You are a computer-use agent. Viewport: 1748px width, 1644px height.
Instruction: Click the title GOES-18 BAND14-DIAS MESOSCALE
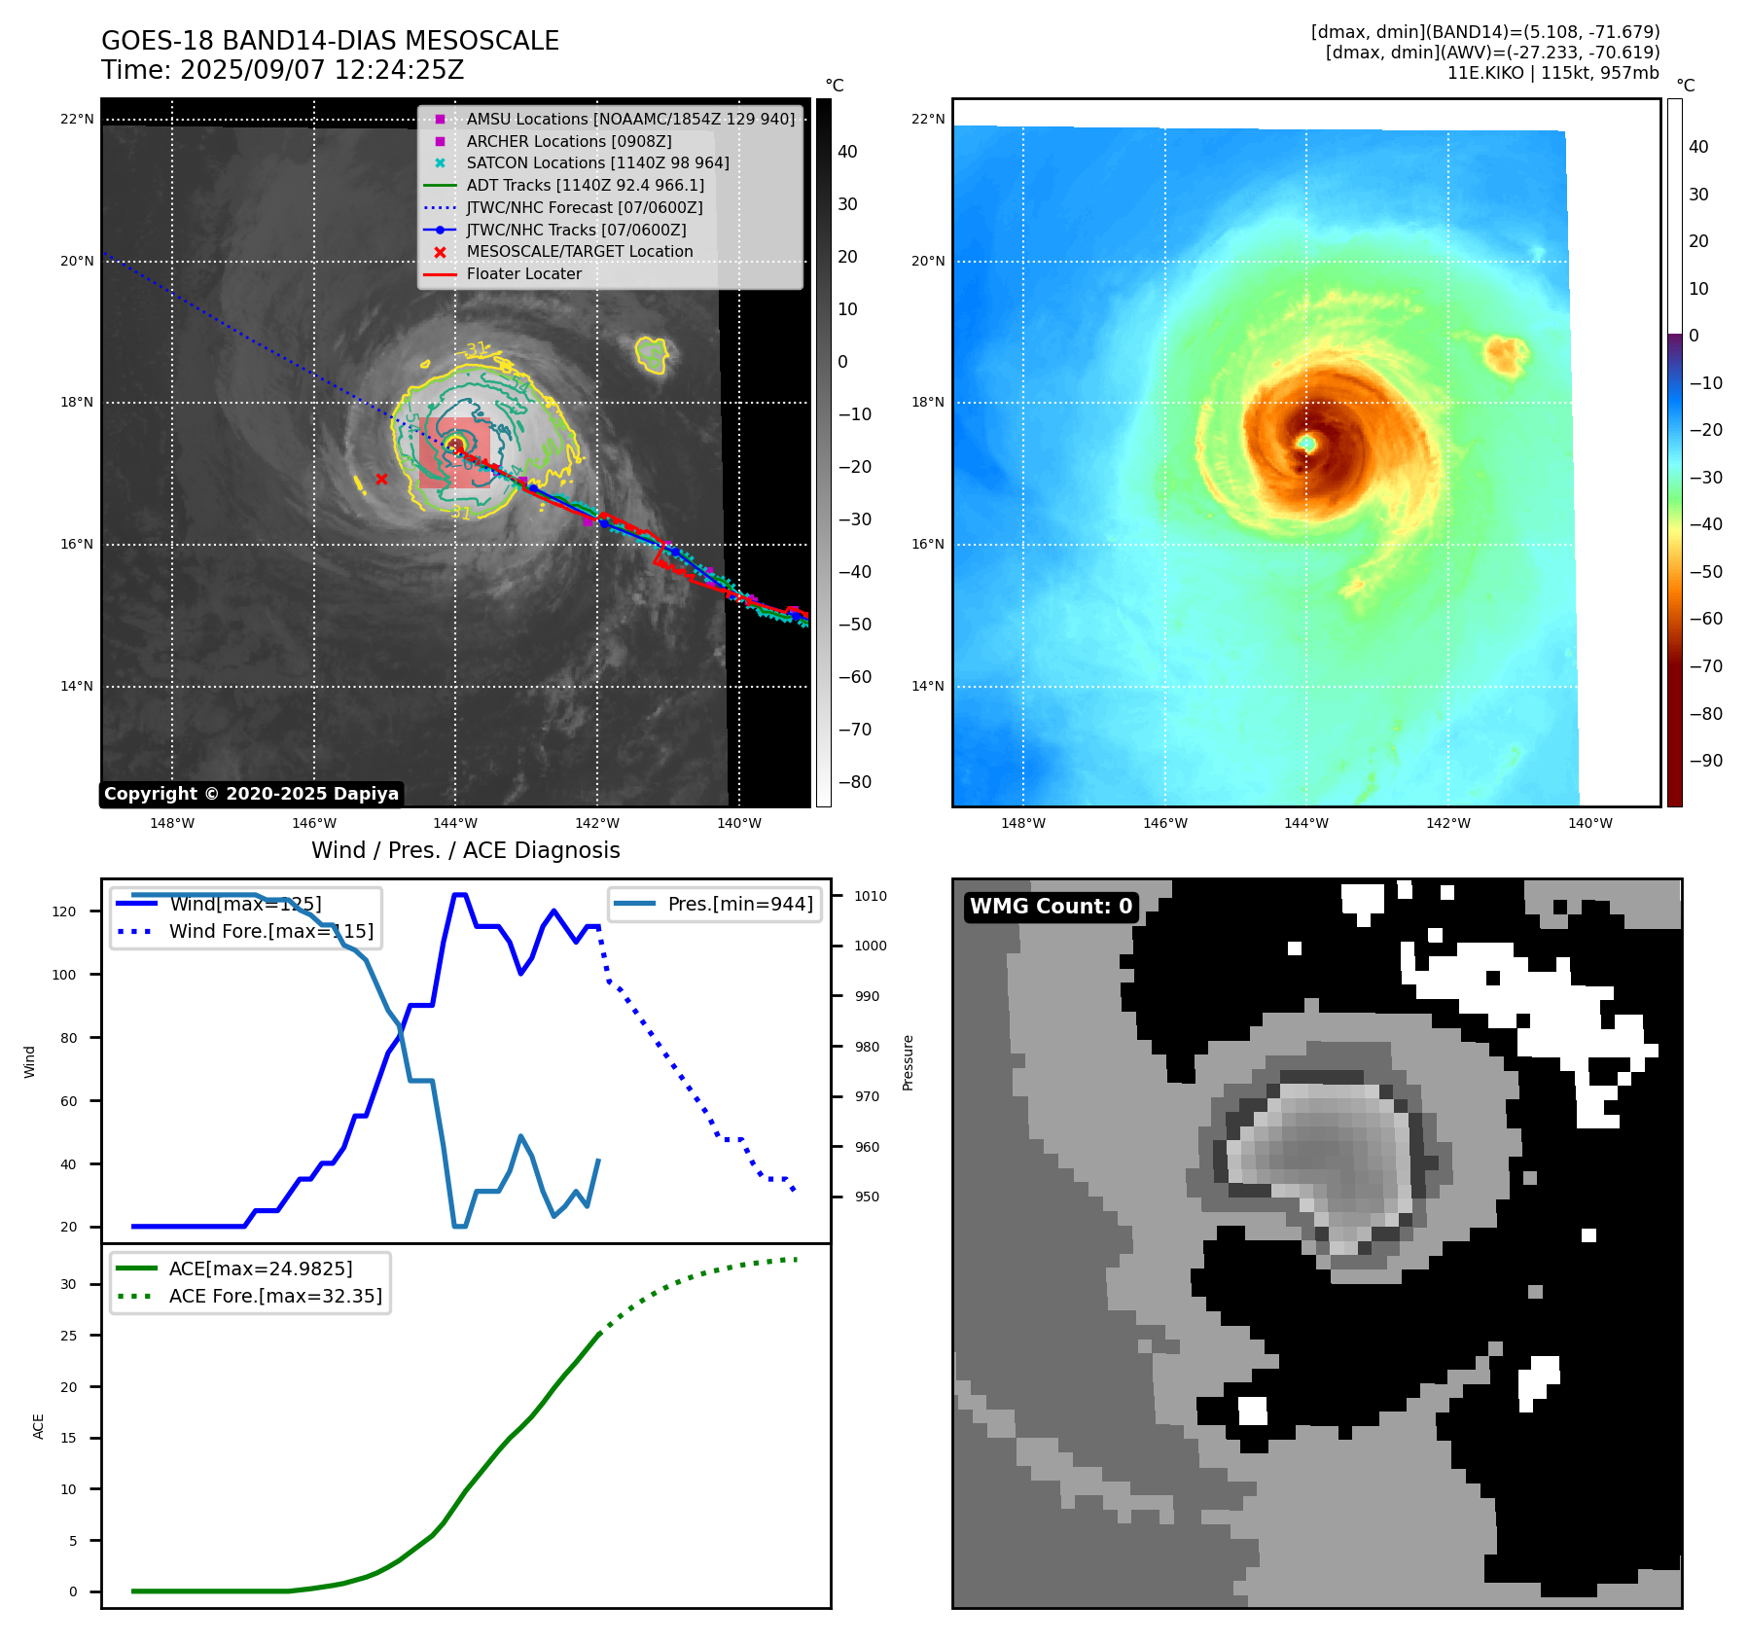[x=330, y=41]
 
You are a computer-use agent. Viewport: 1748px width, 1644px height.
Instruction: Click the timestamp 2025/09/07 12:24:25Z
[x=322, y=71]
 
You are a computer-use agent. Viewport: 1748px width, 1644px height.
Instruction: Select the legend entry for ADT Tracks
[x=585, y=185]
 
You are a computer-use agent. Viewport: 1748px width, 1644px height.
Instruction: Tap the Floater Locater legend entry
[x=523, y=274]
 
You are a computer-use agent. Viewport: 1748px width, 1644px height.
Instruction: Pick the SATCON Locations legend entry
[x=597, y=163]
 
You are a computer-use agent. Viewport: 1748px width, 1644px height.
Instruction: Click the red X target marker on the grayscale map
[x=381, y=479]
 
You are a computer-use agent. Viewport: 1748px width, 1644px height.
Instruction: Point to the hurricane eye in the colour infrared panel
[x=1307, y=444]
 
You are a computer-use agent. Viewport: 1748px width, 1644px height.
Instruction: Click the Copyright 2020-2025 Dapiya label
[x=251, y=794]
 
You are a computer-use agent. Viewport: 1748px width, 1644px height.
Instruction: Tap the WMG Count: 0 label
[x=1051, y=907]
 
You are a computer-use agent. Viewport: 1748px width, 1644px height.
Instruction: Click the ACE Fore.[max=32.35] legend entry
[x=275, y=1296]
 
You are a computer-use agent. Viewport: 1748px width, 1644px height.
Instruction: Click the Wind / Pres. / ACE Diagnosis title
[x=465, y=850]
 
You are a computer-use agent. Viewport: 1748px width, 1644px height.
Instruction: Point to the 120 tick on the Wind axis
[x=64, y=911]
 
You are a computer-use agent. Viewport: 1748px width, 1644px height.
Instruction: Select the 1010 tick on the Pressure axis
[x=871, y=896]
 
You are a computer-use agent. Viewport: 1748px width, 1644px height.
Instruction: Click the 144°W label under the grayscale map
[x=454, y=823]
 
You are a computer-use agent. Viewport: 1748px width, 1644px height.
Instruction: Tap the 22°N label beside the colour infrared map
[x=927, y=120]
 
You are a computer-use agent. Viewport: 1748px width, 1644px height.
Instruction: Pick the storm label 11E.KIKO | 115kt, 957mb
[x=1552, y=73]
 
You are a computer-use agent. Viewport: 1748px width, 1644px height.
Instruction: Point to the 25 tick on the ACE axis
[x=68, y=1336]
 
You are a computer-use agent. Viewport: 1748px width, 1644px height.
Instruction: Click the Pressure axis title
[x=908, y=1062]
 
